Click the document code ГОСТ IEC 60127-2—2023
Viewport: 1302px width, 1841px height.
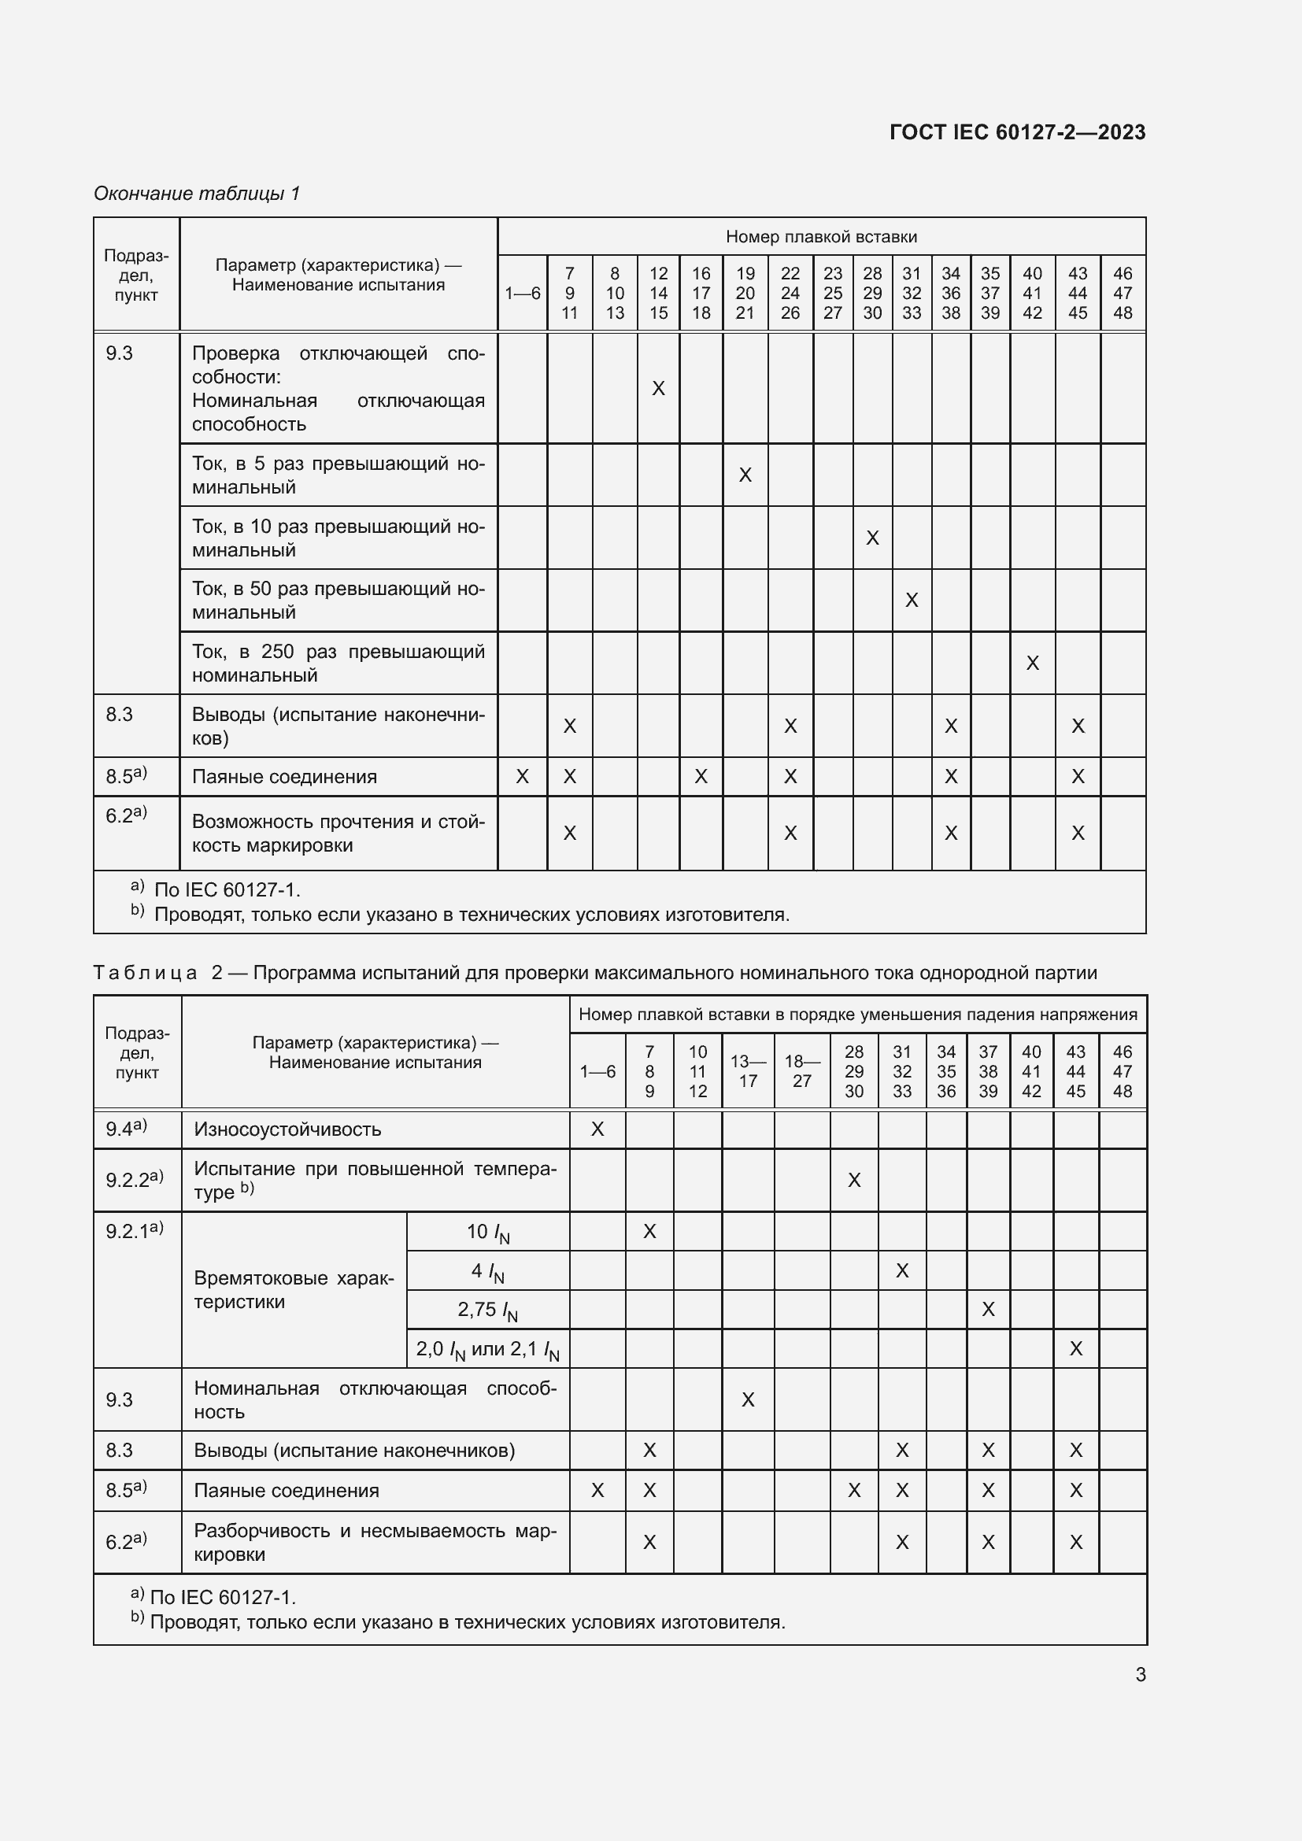point(1016,132)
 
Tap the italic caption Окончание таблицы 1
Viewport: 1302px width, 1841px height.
point(197,194)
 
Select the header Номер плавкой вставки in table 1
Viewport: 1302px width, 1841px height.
point(821,237)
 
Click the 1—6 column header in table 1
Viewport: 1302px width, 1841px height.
point(522,294)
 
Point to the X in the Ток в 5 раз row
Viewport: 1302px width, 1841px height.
point(745,475)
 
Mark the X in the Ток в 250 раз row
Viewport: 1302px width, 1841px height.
point(1032,663)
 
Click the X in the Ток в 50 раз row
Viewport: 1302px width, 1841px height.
point(911,600)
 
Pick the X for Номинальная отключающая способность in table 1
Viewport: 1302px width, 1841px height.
point(658,388)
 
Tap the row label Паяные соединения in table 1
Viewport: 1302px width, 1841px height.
point(284,776)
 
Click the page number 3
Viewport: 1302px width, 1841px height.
point(1140,1674)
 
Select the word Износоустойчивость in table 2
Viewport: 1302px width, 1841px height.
point(287,1129)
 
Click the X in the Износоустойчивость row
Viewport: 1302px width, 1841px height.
point(597,1129)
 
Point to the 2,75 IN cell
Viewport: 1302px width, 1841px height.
point(487,1311)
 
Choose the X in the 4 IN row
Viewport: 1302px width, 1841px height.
point(902,1270)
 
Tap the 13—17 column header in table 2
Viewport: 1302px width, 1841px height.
point(747,1070)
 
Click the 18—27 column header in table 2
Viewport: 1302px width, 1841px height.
point(801,1070)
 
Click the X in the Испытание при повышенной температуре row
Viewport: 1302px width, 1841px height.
point(854,1180)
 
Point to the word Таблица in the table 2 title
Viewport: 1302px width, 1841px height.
point(145,973)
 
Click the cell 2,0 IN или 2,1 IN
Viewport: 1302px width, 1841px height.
point(487,1350)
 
